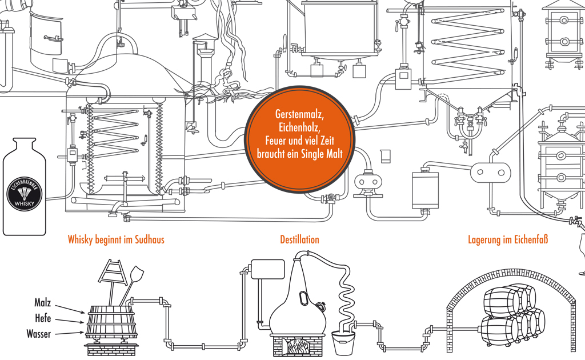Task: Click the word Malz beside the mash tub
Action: tap(42, 303)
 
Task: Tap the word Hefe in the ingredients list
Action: tap(42, 318)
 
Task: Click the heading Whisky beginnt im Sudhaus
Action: tap(116, 239)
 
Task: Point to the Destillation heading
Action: tap(299, 239)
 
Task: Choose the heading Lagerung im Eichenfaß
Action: tap(507, 239)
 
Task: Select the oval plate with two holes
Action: tap(491, 170)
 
